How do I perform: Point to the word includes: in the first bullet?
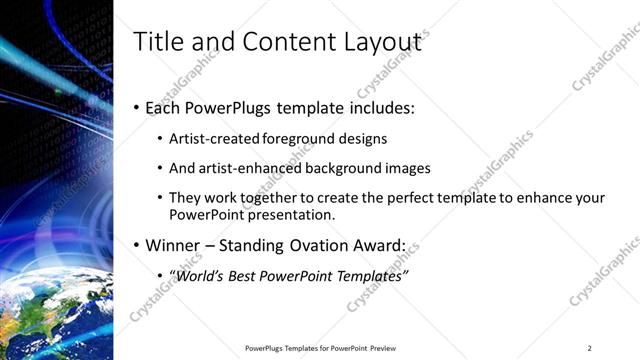click(377, 107)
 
